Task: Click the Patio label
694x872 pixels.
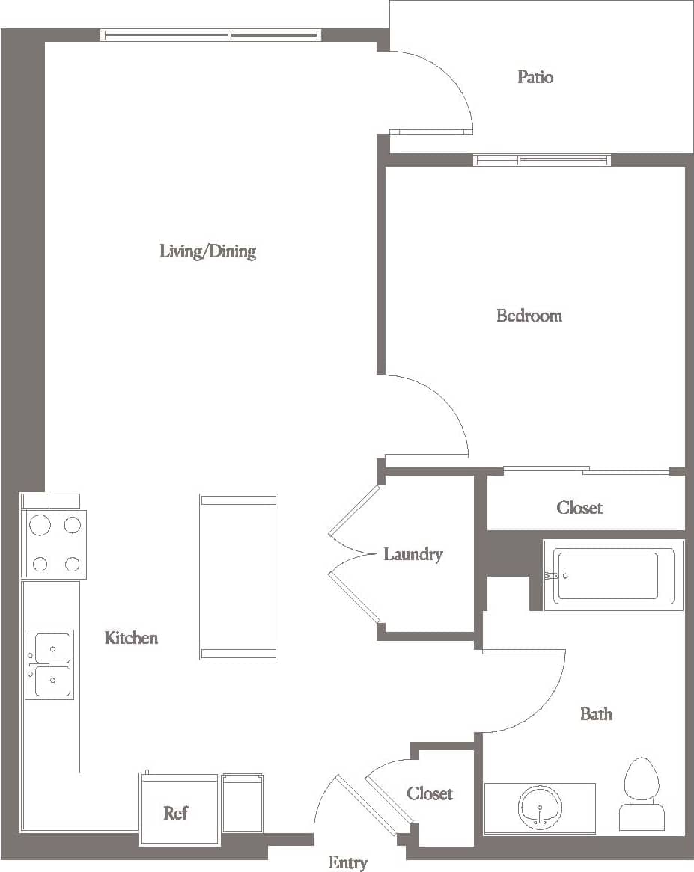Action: pyautogui.click(x=535, y=77)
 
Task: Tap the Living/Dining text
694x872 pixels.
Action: pyautogui.click(x=207, y=251)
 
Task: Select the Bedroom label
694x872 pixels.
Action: pyautogui.click(x=529, y=316)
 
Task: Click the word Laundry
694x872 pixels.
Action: pyautogui.click(x=413, y=554)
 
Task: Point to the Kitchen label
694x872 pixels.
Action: pyautogui.click(x=131, y=638)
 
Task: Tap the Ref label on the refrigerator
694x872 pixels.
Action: pyautogui.click(x=175, y=813)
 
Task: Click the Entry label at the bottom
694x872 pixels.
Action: pyautogui.click(x=348, y=862)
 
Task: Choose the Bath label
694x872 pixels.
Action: pyautogui.click(x=596, y=714)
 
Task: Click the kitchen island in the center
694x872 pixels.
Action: pyautogui.click(x=239, y=577)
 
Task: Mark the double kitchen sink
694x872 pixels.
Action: pyautogui.click(x=49, y=664)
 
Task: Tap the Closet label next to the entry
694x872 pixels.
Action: pyautogui.click(x=430, y=793)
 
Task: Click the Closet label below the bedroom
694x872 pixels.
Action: pyautogui.click(x=579, y=508)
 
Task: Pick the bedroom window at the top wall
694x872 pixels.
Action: pyautogui.click(x=541, y=160)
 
